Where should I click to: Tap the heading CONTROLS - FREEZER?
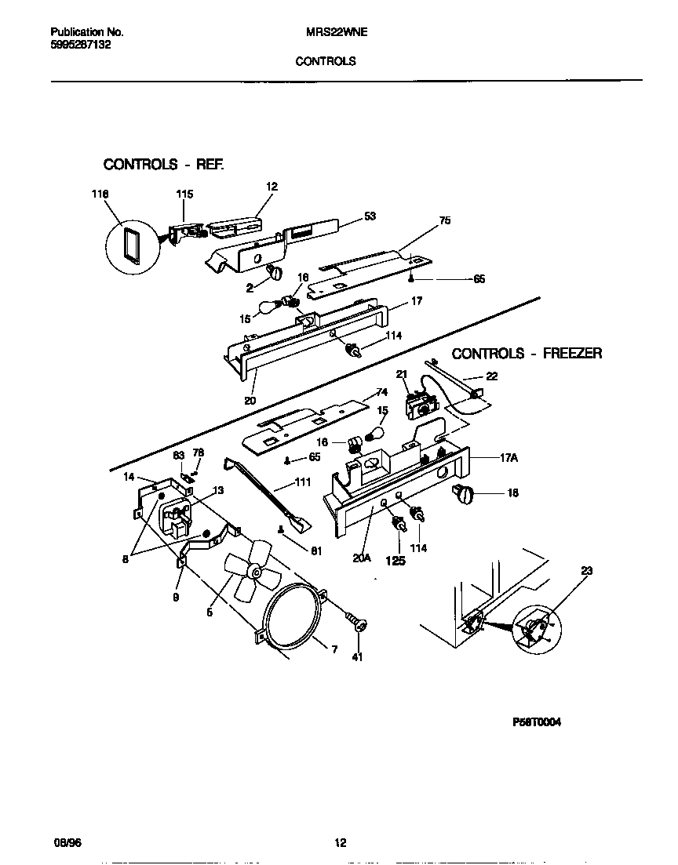[527, 354]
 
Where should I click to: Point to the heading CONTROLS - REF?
[164, 165]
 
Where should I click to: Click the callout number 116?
[100, 194]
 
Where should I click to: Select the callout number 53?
[370, 216]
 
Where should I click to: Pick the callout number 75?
[445, 221]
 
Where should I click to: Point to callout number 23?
[587, 572]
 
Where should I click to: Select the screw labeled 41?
[360, 626]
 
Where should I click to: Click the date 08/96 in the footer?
[64, 843]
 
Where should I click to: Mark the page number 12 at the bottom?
[340, 843]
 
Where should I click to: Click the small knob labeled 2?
[275, 271]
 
